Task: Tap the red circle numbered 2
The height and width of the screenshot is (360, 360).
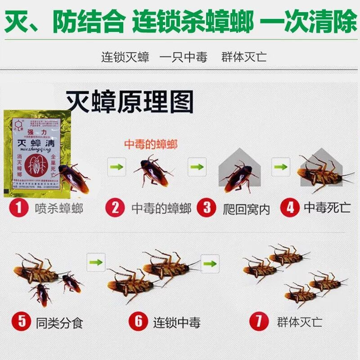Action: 115,209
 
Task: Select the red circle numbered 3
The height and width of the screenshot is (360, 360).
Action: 207,209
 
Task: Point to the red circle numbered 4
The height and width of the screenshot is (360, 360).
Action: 289,208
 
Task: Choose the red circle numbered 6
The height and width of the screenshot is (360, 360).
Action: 139,322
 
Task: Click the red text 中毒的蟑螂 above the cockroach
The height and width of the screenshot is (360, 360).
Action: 151,144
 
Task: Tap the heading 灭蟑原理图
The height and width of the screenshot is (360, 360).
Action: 130,103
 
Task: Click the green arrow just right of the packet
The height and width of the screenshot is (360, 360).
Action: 116,167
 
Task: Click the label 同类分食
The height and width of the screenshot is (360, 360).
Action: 59,323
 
